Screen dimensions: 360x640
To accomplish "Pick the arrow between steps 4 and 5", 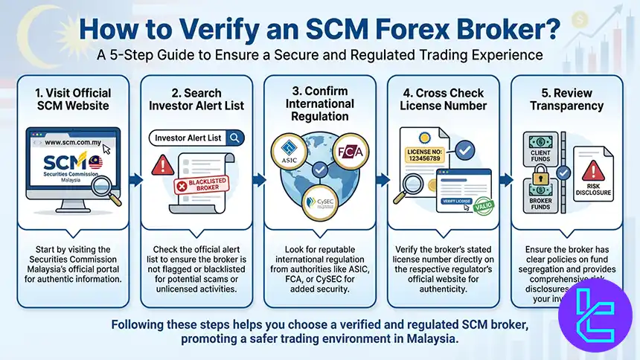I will pos(505,179).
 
